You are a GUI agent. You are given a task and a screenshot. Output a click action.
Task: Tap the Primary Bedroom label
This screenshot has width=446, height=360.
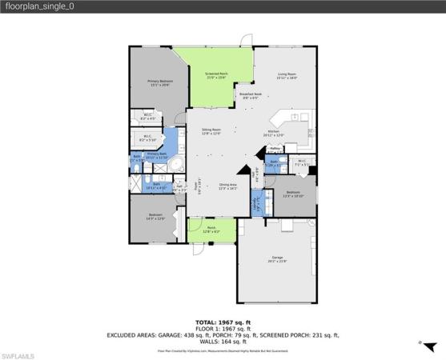(x=159, y=82)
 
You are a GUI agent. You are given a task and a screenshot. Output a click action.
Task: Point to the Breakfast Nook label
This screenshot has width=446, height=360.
(x=250, y=96)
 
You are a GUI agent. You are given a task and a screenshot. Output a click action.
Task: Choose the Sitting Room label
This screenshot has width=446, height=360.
(x=211, y=133)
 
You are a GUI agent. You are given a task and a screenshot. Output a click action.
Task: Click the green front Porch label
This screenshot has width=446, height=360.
(x=211, y=230)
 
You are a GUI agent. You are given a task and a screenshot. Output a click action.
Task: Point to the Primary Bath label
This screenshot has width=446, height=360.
(x=157, y=155)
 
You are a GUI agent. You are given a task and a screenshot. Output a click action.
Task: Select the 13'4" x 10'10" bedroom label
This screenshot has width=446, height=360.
(x=293, y=194)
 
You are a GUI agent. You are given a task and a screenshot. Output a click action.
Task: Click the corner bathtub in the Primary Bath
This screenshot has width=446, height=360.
(x=179, y=166)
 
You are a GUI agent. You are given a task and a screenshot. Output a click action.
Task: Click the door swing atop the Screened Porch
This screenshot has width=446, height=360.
(x=248, y=40)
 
